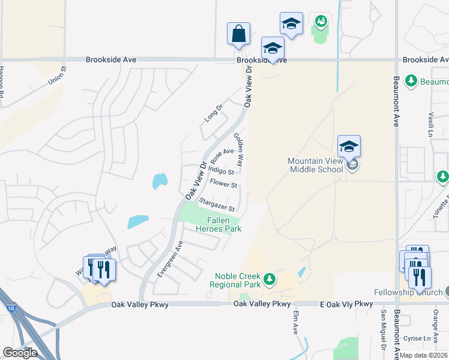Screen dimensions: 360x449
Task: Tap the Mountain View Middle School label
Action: coord(315,165)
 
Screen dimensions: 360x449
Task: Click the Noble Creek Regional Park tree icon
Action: coord(270,279)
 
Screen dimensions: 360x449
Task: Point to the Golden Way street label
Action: coord(239,149)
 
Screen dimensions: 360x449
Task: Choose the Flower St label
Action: coord(223,184)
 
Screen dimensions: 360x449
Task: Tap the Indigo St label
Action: coord(220,171)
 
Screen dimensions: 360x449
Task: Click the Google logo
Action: coord(20,353)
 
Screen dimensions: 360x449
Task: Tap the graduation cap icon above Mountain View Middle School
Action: coord(349,146)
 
